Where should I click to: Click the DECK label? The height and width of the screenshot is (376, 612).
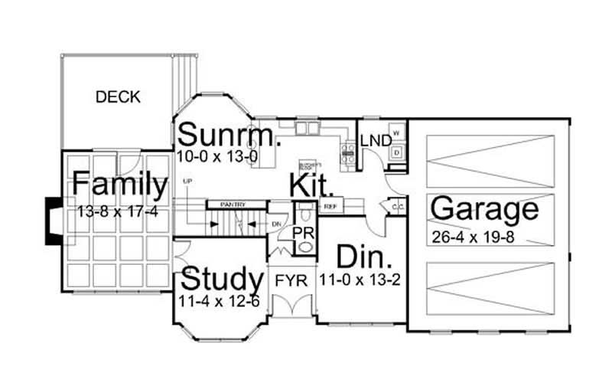coord(119,97)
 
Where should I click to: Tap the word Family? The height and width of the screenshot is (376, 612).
coord(119,185)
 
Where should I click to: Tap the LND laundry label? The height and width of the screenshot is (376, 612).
coord(375,141)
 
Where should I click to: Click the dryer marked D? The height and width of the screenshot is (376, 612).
coord(396,152)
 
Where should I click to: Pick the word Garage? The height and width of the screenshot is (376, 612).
coord(484,209)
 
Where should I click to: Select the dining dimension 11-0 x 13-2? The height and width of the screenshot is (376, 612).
coord(361,280)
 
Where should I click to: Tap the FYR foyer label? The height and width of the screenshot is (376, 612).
coord(291,280)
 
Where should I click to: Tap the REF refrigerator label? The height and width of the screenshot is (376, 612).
coord(330,207)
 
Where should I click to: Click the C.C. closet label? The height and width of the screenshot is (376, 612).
coord(397,207)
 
